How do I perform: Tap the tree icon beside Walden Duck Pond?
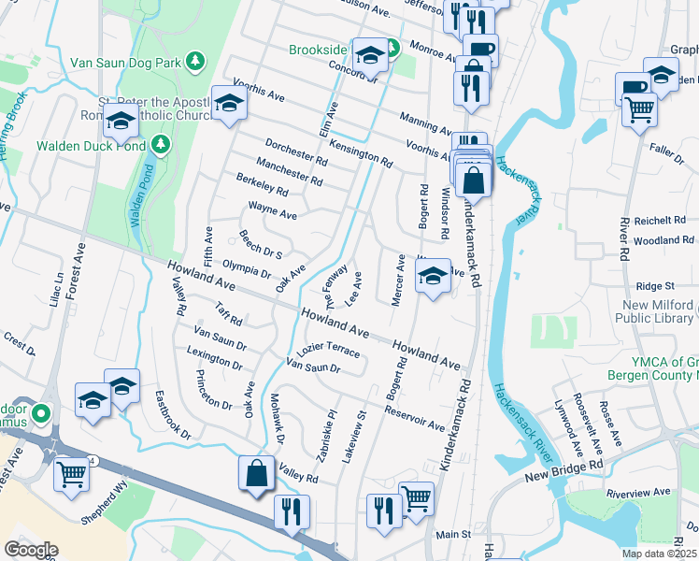coord(161,145)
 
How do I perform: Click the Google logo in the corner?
coord(31,550)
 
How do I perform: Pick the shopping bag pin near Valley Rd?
coord(256,474)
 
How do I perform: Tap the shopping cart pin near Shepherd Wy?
coord(72,474)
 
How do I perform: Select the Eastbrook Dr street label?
coord(173,415)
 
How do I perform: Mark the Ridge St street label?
coord(655,286)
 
